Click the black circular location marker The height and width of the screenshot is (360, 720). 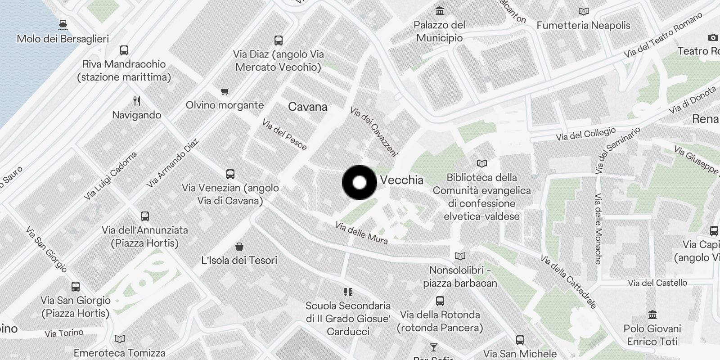[x=359, y=182]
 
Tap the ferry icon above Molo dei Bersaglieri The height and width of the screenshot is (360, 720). [x=63, y=24]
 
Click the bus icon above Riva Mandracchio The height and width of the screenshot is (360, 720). [x=124, y=50]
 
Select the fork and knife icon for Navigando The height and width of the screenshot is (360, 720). [x=137, y=101]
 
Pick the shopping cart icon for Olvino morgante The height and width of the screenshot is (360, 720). [x=225, y=91]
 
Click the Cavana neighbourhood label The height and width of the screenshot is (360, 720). [x=307, y=107]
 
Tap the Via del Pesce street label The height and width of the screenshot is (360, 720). [x=284, y=135]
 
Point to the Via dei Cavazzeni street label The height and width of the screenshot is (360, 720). [x=374, y=131]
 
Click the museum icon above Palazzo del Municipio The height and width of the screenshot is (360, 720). [x=440, y=11]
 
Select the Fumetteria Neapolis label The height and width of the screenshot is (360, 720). [x=583, y=25]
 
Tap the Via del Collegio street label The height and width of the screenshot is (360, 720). [x=585, y=134]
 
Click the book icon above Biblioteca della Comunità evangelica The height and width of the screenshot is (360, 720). [x=481, y=163]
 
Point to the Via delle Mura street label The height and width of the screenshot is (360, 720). [x=361, y=233]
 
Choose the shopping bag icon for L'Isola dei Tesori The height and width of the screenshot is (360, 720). [x=239, y=246]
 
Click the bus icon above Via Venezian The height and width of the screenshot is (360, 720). [x=230, y=174]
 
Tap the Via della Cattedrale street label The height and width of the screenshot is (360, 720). [x=568, y=282]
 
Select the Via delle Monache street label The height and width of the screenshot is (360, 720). [x=598, y=229]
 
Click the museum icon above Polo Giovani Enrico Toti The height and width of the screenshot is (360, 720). [x=652, y=314]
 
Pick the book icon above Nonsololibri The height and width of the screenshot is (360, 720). [x=460, y=256]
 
